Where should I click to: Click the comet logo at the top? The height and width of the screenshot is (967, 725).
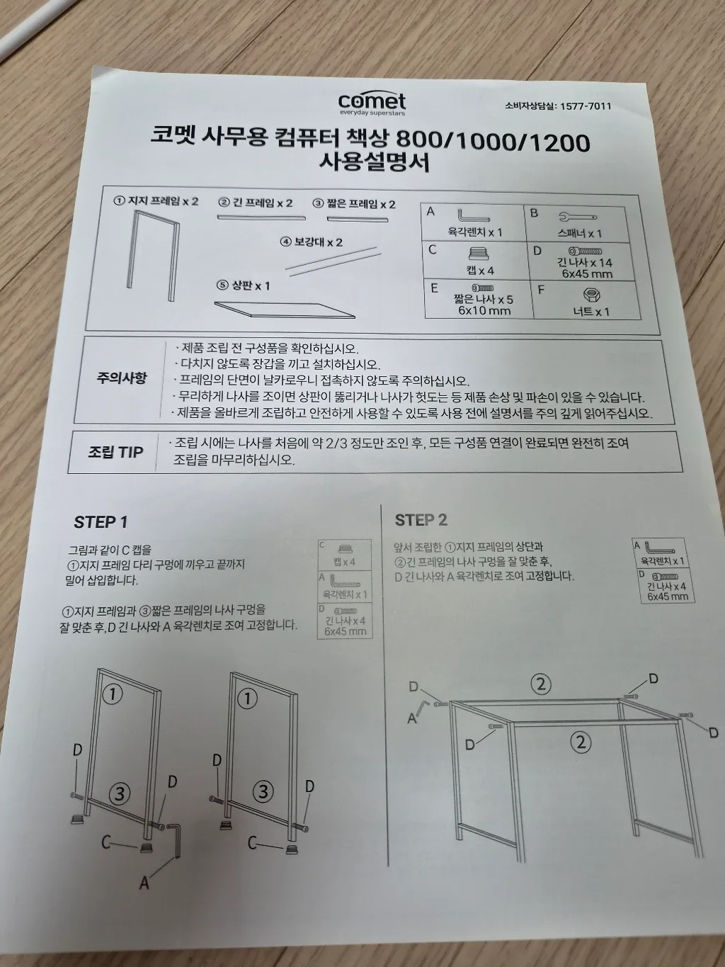click(x=372, y=104)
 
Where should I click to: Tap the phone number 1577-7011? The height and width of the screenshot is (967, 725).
click(x=586, y=106)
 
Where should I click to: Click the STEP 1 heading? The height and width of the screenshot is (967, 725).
click(x=101, y=522)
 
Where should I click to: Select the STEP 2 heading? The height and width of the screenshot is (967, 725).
click(x=421, y=520)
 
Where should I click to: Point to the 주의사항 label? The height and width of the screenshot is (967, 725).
click(x=122, y=378)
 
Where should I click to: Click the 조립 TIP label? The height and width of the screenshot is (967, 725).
click(x=115, y=452)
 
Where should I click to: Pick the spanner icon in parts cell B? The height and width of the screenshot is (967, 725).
click(x=578, y=217)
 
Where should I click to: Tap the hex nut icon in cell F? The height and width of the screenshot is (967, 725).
click(x=591, y=295)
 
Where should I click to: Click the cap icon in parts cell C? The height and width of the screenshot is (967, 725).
click(x=479, y=254)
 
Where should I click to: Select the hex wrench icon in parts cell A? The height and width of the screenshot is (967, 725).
click(x=473, y=216)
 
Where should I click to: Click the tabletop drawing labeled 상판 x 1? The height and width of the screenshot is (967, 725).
click(x=285, y=310)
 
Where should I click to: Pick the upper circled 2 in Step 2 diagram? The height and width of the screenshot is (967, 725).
click(x=540, y=684)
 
